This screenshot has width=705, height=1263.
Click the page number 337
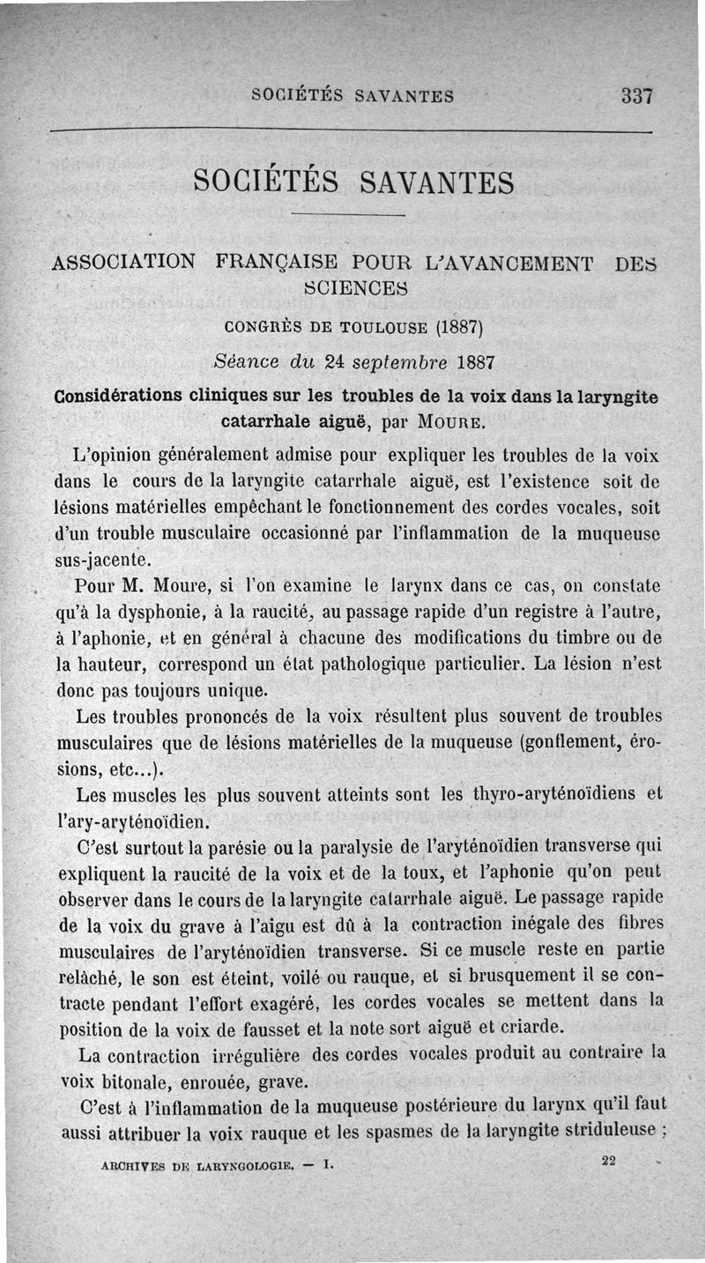coord(635,95)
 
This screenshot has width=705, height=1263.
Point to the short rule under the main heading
coord(346,216)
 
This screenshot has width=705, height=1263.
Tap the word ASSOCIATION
coord(124,262)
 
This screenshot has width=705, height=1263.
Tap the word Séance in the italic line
coord(244,362)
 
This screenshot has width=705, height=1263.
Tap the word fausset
coord(269,1029)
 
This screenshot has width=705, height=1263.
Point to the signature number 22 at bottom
coord(608,1162)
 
